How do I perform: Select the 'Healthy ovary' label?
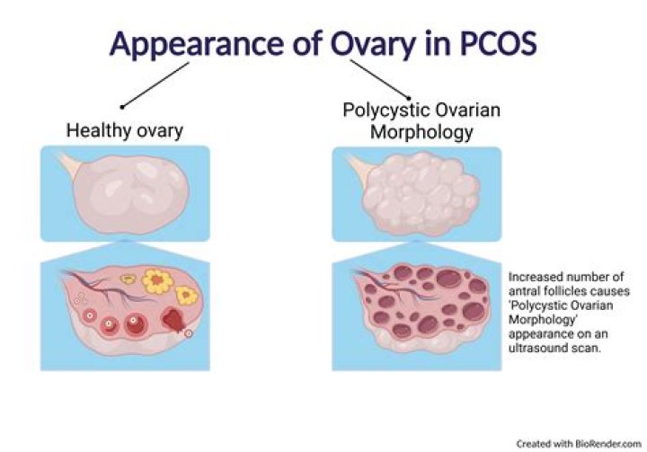(x=125, y=130)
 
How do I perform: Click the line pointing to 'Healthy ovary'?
(x=158, y=84)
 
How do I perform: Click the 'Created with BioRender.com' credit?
(x=580, y=443)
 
